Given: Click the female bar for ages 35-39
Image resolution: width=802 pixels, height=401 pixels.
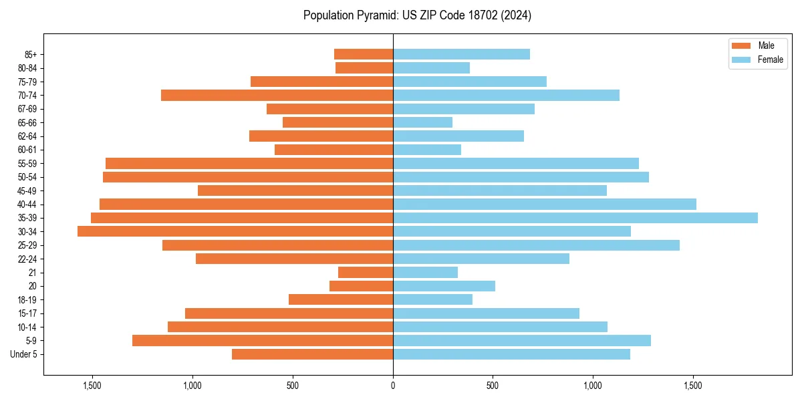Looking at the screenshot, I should pos(575,218).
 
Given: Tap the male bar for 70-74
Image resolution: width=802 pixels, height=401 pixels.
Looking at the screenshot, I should pos(277,95).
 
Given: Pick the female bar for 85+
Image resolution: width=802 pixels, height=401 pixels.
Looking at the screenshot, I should pos(461,54).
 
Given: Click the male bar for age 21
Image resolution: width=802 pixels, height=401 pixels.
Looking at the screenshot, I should pos(366,272).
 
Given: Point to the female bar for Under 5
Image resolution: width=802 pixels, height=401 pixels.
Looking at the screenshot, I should pos(511,354).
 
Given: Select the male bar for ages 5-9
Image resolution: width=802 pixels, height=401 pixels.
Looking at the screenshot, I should pos(263,340).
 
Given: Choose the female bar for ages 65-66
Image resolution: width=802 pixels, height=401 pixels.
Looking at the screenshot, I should pos(422,122).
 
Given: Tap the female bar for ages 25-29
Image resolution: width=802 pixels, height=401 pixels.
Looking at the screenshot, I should pos(536,245).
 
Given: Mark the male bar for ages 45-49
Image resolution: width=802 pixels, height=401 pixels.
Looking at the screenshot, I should pos(295,190).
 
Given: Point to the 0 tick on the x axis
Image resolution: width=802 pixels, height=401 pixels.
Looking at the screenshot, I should pos(393,386).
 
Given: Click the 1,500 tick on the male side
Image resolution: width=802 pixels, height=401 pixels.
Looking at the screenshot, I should pos(92,386).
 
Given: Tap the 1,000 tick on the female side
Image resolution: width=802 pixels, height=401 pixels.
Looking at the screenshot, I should pos(593,386).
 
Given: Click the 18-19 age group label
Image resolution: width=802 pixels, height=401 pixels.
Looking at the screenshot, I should pos(27,299).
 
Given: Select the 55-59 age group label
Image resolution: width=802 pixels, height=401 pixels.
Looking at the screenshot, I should pos(27,163).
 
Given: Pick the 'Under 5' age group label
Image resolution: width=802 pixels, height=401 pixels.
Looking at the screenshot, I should pos(24,354).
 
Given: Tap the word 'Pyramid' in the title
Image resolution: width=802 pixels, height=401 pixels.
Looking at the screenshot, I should pos(372,15).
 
